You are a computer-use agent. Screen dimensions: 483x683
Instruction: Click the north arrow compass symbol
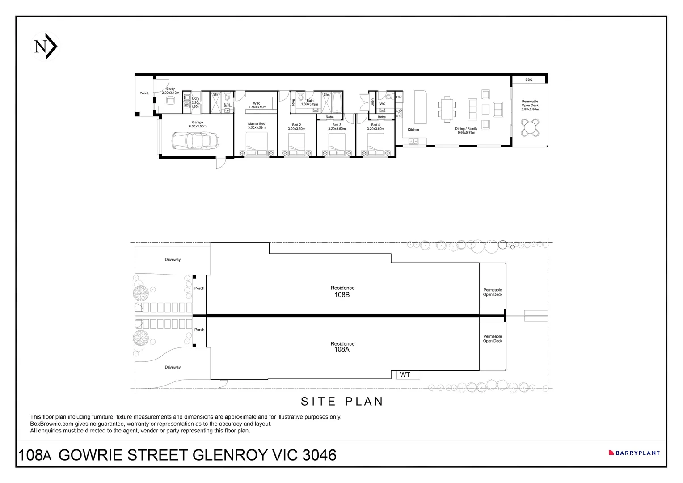click(46, 47)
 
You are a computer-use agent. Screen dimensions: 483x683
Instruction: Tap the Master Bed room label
click(256, 126)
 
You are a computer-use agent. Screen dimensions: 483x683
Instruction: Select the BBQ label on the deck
click(529, 80)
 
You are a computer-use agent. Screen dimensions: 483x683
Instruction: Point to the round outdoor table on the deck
click(530, 127)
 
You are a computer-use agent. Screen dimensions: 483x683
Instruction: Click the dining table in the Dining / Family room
click(447, 109)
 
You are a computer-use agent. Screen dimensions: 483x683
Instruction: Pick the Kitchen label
click(413, 130)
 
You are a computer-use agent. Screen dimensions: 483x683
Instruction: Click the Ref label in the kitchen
click(399, 97)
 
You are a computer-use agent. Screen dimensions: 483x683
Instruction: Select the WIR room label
click(257, 105)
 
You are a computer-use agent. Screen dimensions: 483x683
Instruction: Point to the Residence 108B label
click(342, 292)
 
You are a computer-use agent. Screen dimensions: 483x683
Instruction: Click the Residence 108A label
click(342, 347)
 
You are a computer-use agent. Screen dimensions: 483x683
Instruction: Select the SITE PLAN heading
click(342, 402)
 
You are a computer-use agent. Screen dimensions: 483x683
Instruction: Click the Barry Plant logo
click(634, 453)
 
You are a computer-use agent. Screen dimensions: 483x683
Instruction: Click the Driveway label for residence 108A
click(173, 367)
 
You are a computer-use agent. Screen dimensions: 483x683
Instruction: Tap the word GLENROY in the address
click(230, 455)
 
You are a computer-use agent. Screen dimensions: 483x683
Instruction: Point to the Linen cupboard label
click(372, 102)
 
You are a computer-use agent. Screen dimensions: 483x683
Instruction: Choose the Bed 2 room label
click(296, 127)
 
